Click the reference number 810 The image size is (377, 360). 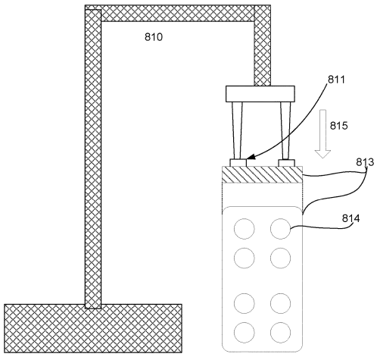pos(154,37)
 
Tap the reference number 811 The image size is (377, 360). pos(336,80)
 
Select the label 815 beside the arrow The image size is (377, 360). pos(338,126)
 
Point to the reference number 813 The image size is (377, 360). pos(365,162)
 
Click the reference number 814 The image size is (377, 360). pos(351,218)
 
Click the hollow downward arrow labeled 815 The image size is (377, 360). pos(322,134)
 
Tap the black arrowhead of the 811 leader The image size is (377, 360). pos(251,157)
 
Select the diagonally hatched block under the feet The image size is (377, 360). pos(262,174)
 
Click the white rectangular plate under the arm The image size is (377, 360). pos(260,94)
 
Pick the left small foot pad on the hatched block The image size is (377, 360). pos(238,163)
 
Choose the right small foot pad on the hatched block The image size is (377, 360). pos(286,163)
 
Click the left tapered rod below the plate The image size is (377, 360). pos(238,130)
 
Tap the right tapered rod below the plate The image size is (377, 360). pos(285,130)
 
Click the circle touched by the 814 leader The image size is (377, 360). pos(280,229)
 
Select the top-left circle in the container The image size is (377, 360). pos(245,229)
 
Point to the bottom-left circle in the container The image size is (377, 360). pos(245,332)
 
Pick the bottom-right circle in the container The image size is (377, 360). pos(280,332)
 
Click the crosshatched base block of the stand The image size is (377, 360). pos(93,328)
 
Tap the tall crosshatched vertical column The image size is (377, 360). pos(93,159)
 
